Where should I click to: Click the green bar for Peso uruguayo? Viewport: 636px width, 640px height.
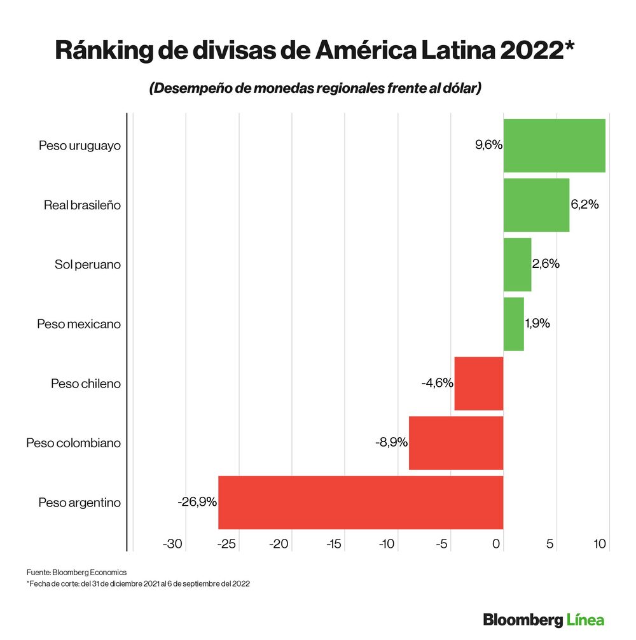coord(554,145)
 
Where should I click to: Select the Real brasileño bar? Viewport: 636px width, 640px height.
coord(536,205)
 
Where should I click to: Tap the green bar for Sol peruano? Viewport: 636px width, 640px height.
coord(517,265)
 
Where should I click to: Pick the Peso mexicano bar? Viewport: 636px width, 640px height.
coord(513,324)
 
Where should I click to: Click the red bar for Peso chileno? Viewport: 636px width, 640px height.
coord(478,384)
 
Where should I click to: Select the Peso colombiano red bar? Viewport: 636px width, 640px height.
coord(455,443)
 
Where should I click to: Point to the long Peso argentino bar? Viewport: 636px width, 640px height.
coord(360,502)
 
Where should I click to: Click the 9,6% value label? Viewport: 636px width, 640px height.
coord(488,145)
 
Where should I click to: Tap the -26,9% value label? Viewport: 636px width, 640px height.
coord(197,502)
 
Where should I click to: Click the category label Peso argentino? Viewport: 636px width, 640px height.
coord(79,502)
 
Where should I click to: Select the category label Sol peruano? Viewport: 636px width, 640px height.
coord(88,265)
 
